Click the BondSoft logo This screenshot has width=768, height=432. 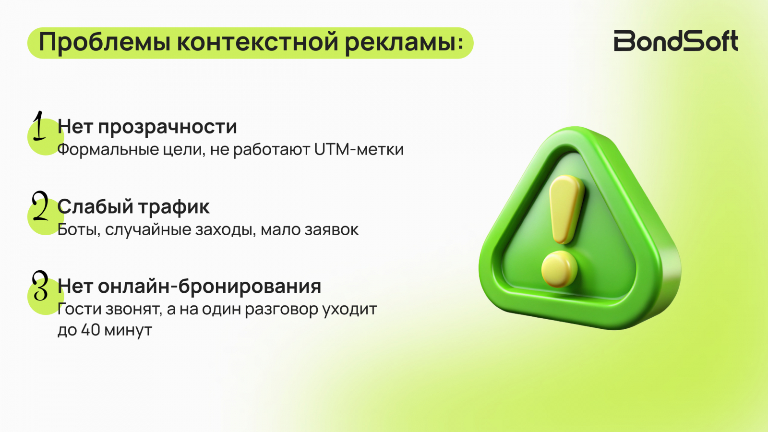676,41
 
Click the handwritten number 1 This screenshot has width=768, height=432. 39,126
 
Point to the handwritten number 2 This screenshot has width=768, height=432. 40,206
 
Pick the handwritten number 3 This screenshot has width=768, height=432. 40,286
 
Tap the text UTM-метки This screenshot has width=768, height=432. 359,149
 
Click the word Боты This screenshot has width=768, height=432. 79,230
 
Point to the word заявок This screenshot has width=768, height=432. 332,230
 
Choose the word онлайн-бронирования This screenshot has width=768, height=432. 209,287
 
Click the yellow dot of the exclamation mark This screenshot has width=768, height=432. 559,269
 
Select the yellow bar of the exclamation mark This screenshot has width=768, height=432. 566,209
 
